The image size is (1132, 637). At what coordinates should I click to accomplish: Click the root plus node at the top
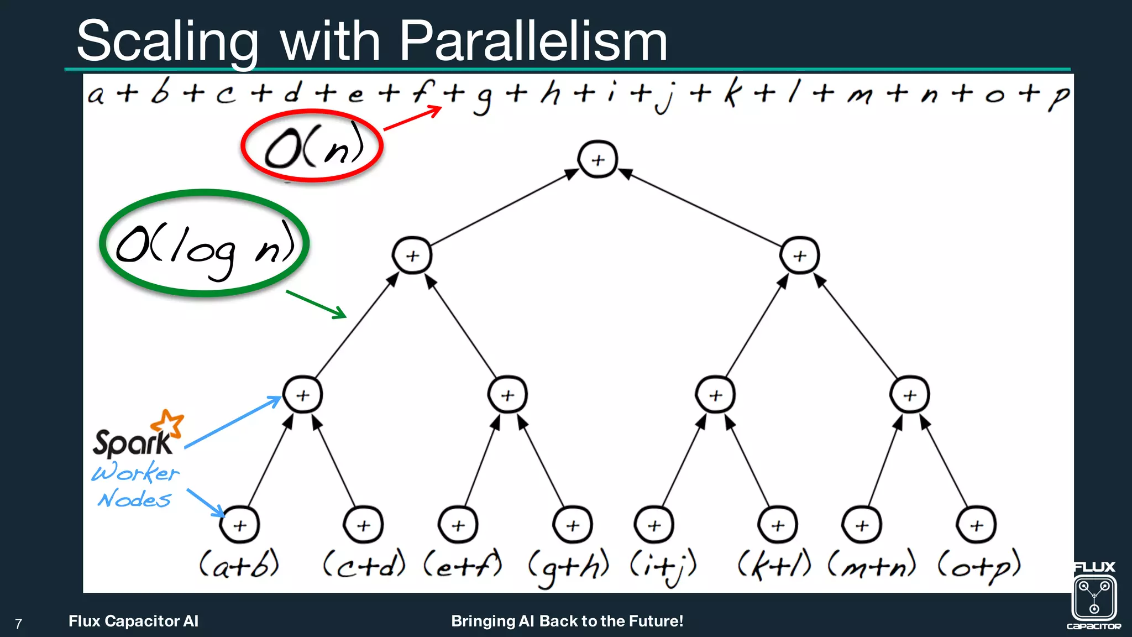598,160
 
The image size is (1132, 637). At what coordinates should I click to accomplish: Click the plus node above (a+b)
239,525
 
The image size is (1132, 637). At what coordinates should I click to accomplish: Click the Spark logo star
168,424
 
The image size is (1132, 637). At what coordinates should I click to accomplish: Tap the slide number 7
18,624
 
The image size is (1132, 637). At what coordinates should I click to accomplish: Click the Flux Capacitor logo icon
1094,598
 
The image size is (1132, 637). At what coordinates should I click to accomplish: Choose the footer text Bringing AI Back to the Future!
567,621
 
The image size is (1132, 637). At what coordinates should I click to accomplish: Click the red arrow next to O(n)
412,118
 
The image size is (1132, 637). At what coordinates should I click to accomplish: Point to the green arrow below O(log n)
316,304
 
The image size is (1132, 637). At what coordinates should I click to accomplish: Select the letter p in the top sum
1059,96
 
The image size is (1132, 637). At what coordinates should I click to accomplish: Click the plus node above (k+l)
778,525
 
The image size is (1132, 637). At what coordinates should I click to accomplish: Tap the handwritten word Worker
135,473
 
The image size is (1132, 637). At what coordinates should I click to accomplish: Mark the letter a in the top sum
96,95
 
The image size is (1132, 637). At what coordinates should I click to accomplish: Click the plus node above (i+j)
654,525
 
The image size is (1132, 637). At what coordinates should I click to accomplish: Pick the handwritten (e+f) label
463,565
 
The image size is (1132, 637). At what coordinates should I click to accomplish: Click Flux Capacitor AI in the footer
133,621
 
